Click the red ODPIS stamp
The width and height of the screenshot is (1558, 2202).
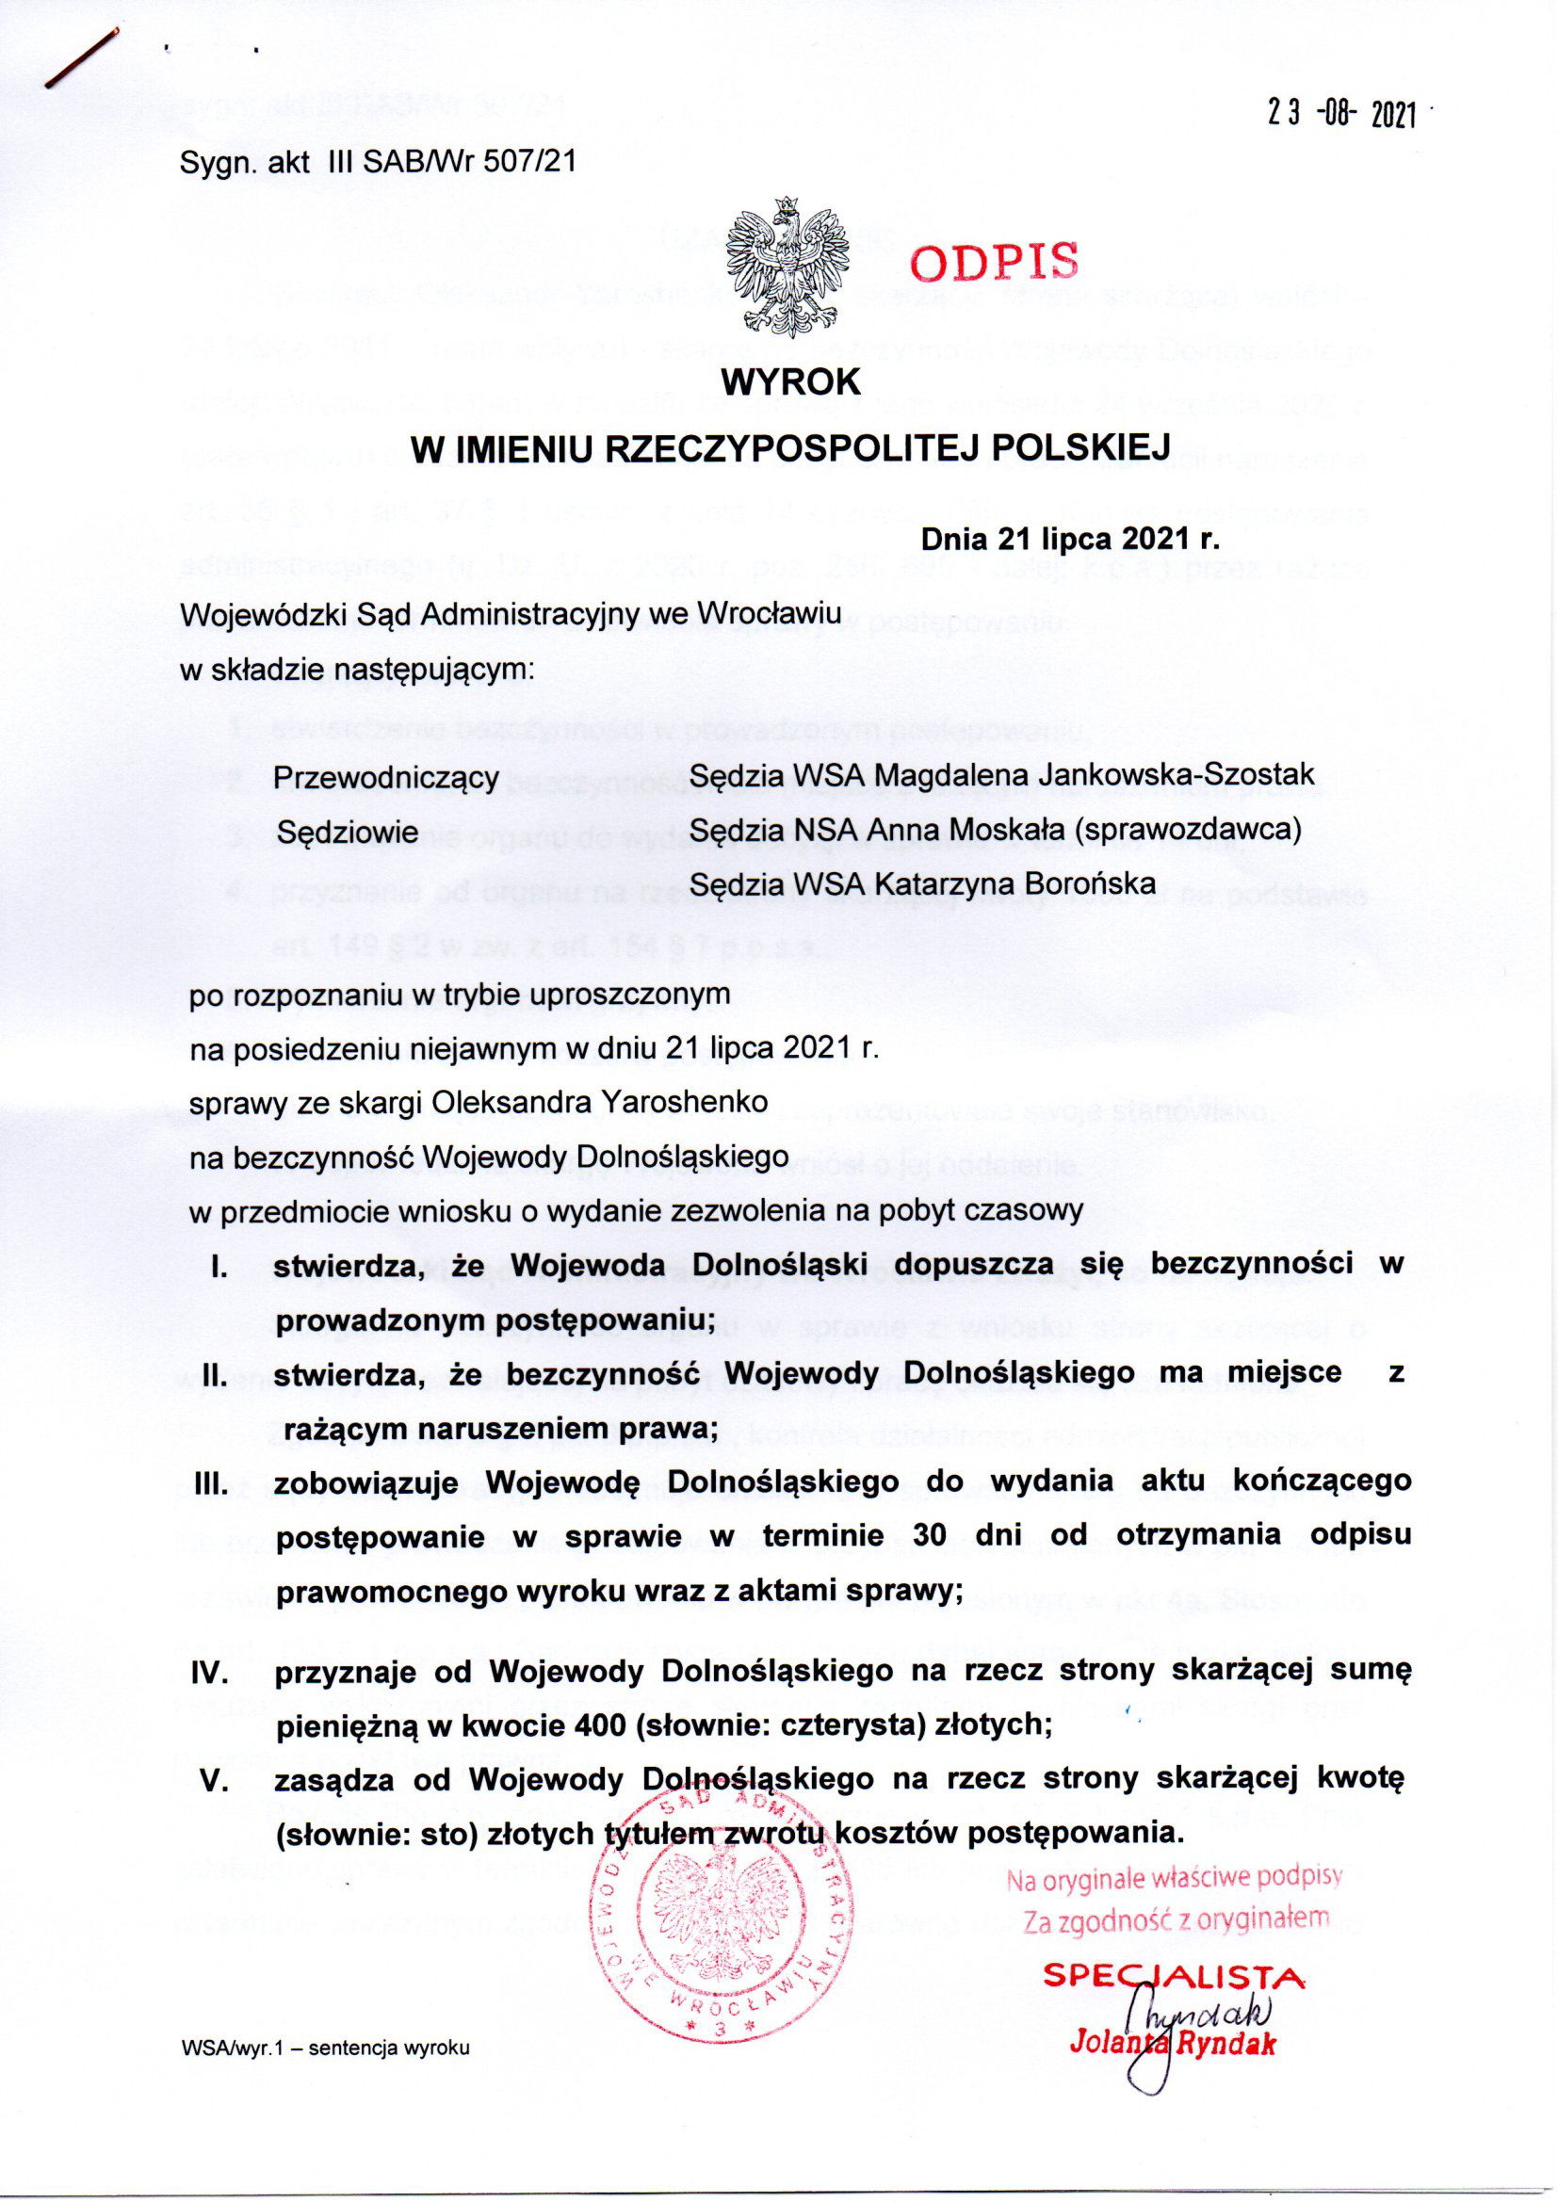(x=995, y=259)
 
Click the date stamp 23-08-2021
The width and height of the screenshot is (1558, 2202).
(x=1342, y=115)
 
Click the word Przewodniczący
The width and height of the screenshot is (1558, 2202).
(x=386, y=778)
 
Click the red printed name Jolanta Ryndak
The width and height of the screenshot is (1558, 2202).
(x=1173, y=2044)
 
